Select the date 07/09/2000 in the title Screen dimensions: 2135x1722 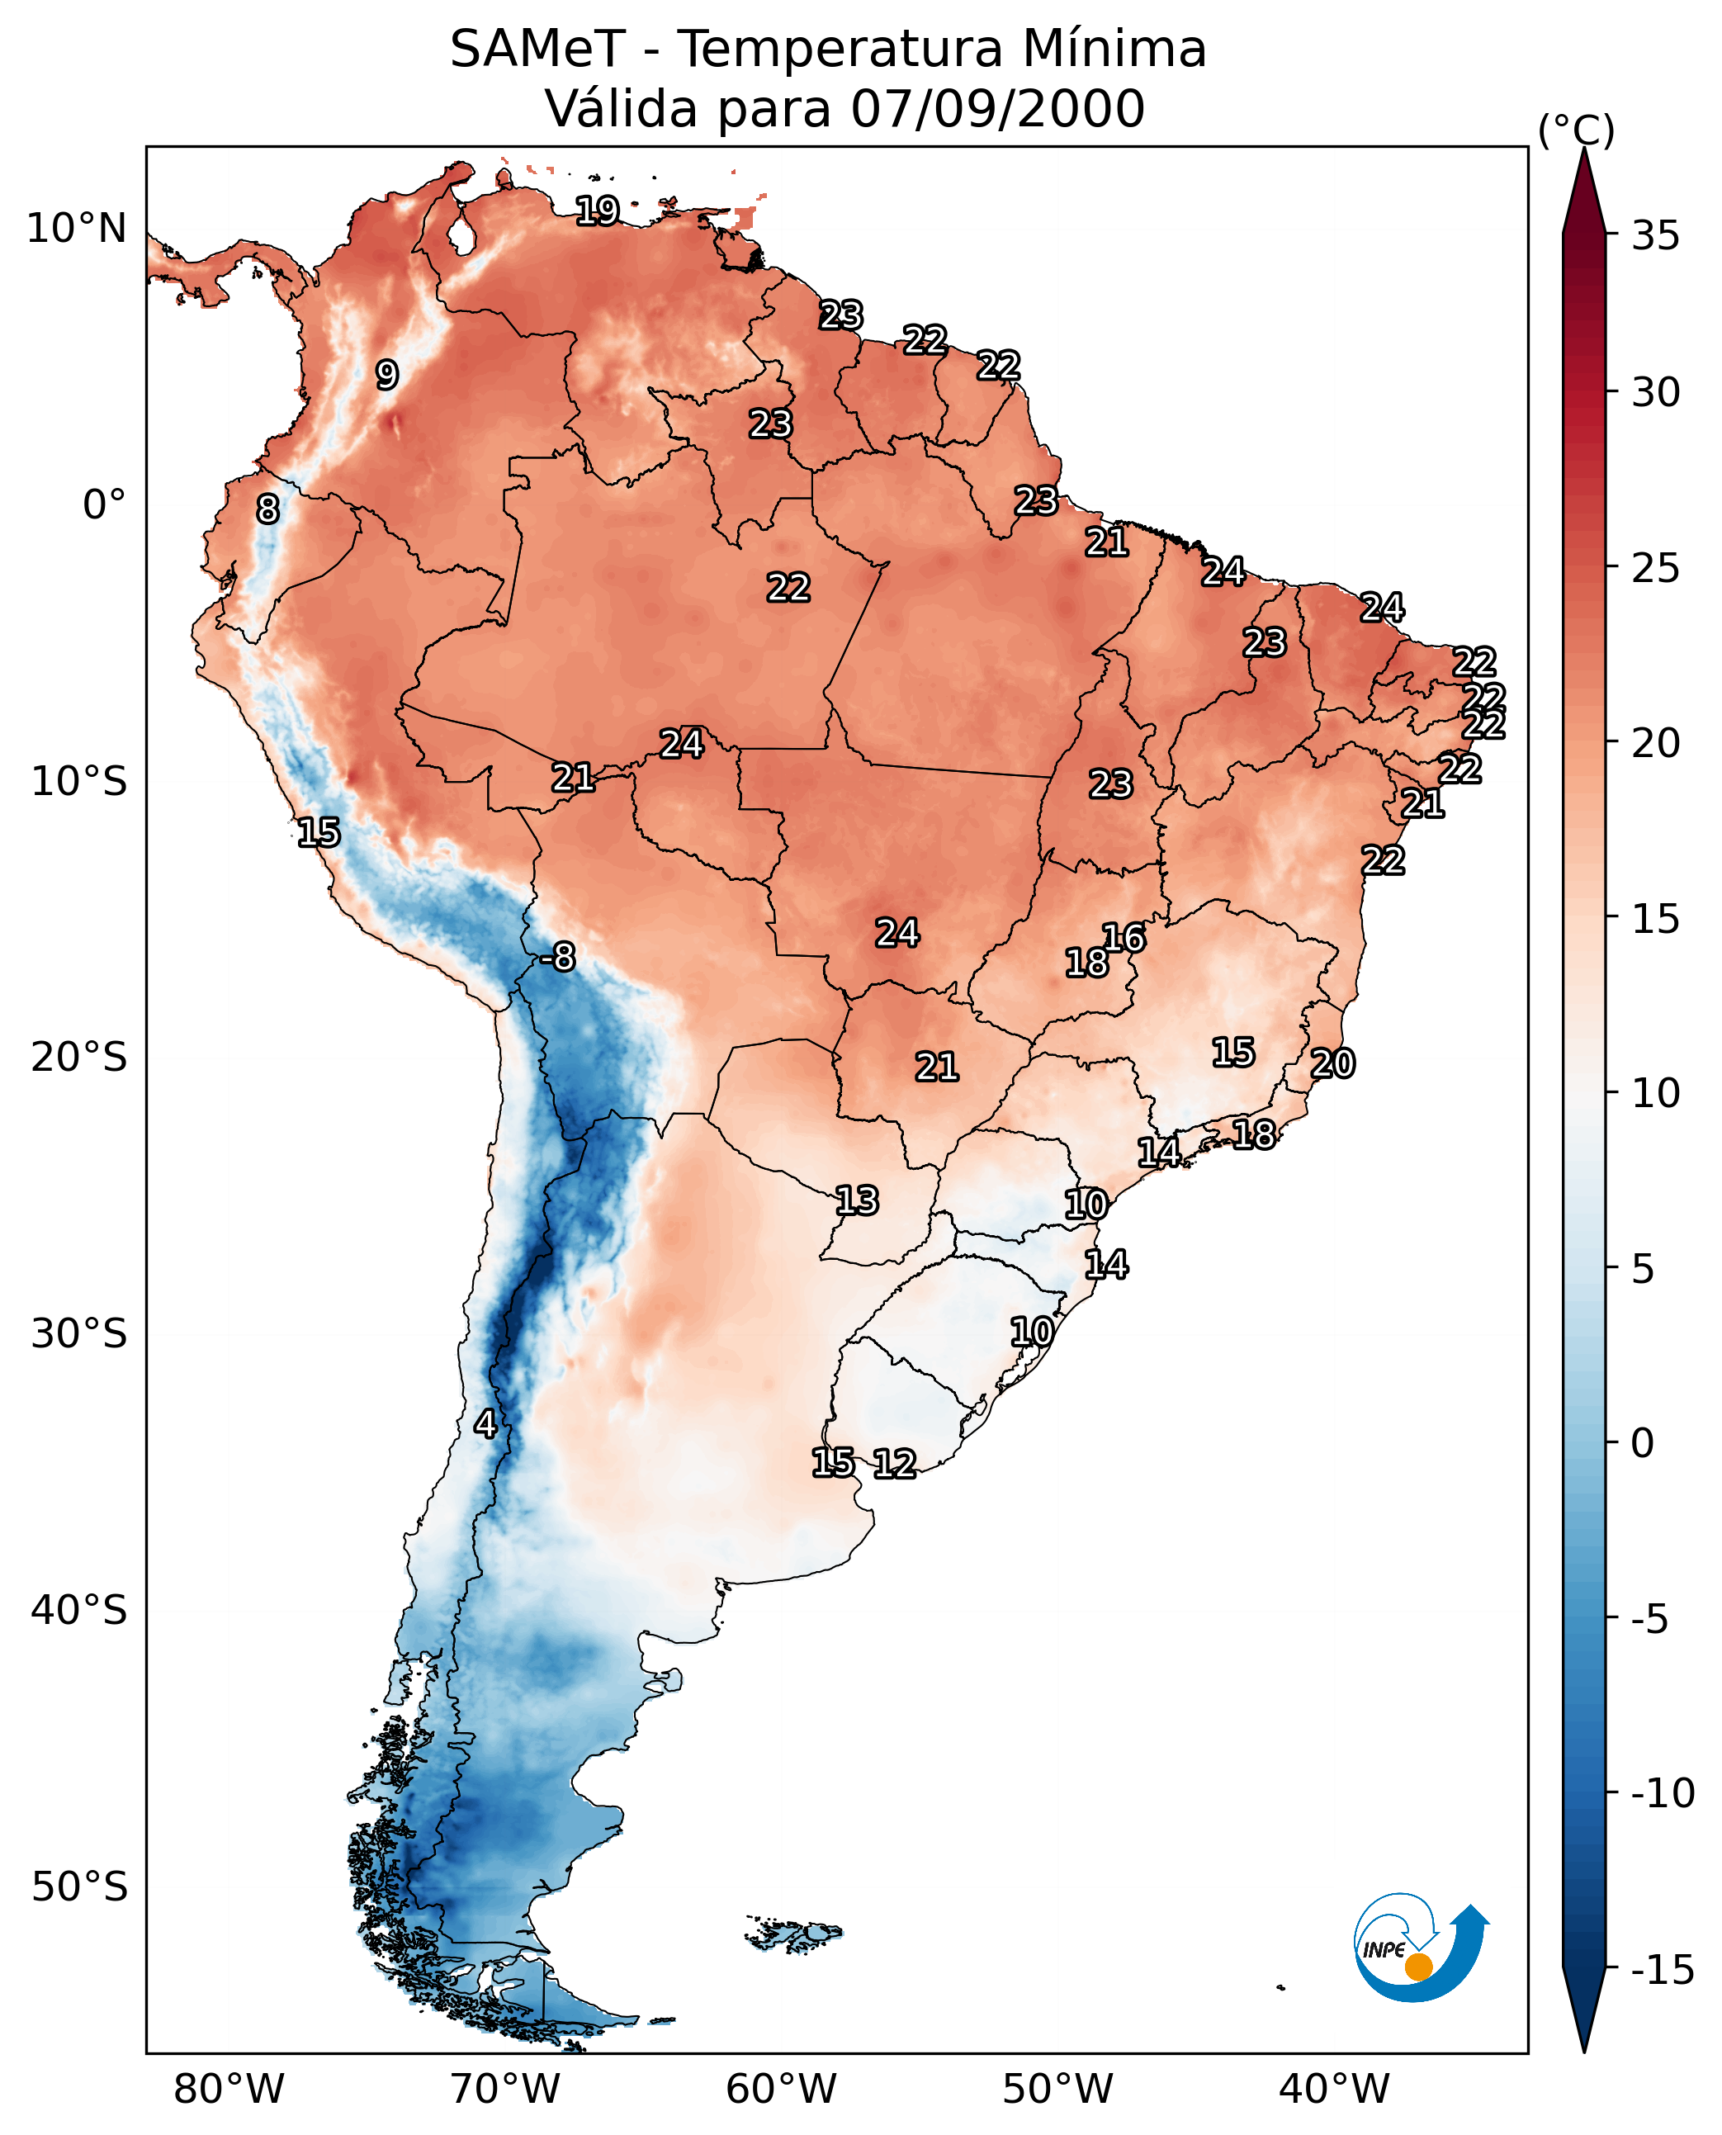pos(997,109)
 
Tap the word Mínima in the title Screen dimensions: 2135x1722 pos(1114,49)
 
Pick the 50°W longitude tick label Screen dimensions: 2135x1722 pos(1057,2089)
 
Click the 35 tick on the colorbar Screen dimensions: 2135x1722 pos(1655,236)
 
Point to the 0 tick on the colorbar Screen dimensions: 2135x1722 pos(1643,1442)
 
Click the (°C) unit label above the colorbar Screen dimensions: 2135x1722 pos(1576,130)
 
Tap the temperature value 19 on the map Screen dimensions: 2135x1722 pos(598,211)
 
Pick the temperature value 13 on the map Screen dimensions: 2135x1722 pos(856,1200)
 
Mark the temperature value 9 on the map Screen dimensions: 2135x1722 pos(387,374)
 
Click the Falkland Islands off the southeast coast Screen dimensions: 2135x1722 pos(793,1933)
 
